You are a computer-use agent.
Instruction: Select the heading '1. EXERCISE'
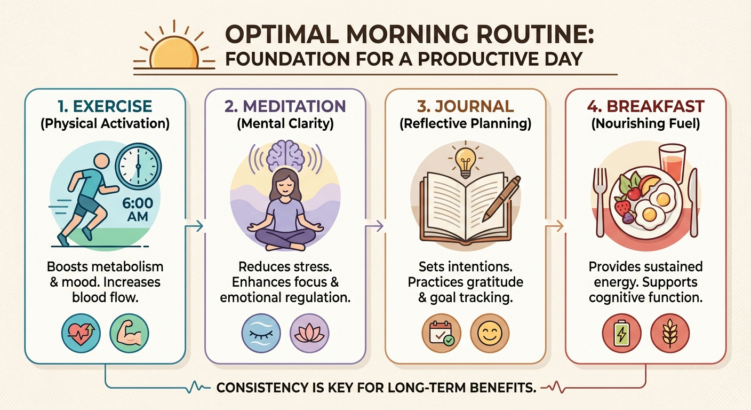(x=105, y=106)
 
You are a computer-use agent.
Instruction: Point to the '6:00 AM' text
(x=138, y=210)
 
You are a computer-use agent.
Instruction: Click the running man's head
(x=101, y=162)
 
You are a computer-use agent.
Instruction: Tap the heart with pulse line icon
(x=81, y=333)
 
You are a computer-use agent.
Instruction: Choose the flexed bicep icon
(x=129, y=333)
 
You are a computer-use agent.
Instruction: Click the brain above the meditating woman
(x=285, y=154)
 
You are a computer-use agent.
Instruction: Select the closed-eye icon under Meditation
(x=261, y=333)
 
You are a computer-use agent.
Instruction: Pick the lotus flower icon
(x=309, y=333)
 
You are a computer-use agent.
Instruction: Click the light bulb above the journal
(x=465, y=162)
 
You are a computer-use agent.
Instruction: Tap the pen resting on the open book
(x=501, y=199)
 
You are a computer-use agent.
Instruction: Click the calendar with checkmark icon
(x=441, y=333)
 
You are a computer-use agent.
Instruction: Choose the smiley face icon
(x=490, y=333)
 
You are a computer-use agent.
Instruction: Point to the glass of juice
(x=672, y=163)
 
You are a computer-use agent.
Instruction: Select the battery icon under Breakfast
(x=621, y=333)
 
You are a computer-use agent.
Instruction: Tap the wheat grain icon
(x=670, y=333)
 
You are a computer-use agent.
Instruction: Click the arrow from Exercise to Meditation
(x=195, y=226)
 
